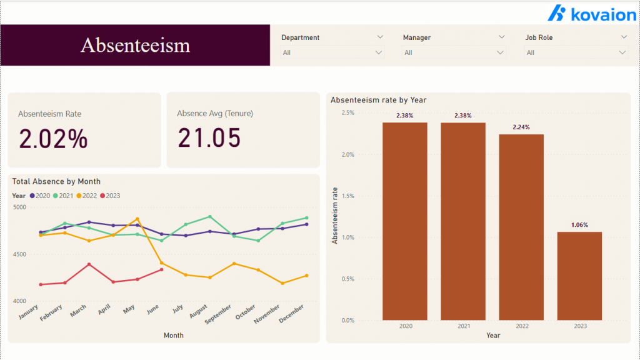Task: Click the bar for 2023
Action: point(579,276)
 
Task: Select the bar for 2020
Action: point(405,221)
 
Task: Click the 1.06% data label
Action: point(579,225)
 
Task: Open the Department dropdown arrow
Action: point(379,52)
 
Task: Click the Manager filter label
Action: point(417,37)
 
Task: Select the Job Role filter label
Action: point(539,37)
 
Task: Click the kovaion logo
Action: point(591,14)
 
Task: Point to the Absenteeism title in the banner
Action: point(135,45)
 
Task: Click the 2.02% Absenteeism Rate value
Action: point(53,139)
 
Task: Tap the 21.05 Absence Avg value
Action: point(209,138)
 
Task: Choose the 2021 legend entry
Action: point(63,196)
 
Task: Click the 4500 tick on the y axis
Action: point(19,254)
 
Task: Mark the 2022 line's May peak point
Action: point(137,219)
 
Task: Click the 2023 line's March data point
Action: point(89,264)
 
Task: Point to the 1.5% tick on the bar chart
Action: point(347,196)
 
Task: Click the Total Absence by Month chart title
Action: point(56,181)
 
